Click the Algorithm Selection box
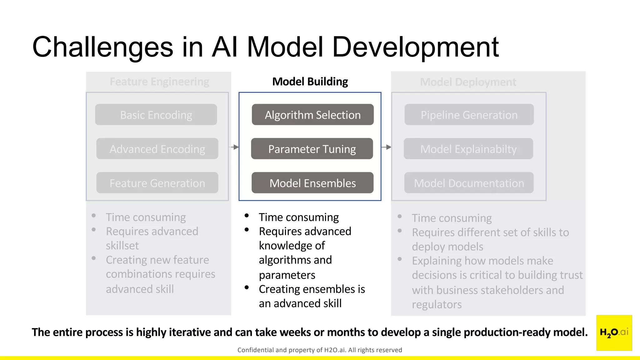pos(312,115)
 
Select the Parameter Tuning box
pos(312,149)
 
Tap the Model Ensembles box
pos(312,183)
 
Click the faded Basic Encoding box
pos(156,115)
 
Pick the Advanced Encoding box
pos(157,149)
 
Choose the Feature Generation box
pos(157,183)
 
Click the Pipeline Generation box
pos(469,115)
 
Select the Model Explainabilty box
pos(468,149)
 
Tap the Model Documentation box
pos(469,183)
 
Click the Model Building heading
pos(310,82)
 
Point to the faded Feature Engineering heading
pos(159,82)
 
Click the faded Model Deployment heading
pos(468,82)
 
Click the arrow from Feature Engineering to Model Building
pos(234,147)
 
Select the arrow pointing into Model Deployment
pos(386,147)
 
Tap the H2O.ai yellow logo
pos(614,332)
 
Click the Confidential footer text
pos(320,350)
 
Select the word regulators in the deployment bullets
pos(437,304)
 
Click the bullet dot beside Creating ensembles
pos(247,287)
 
